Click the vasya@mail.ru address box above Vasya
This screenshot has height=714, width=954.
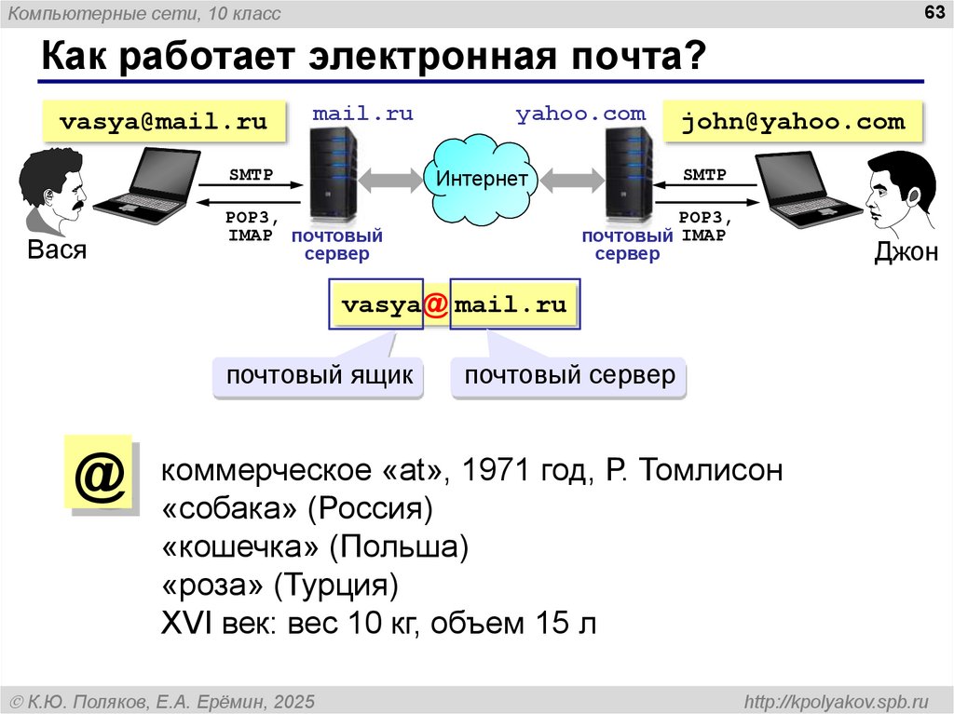[x=164, y=122]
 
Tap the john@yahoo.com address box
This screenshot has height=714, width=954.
[x=793, y=122]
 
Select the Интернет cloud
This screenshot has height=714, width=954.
[x=482, y=180]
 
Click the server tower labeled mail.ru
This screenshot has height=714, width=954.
[x=333, y=176]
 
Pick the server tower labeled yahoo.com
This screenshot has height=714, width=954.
[x=628, y=176]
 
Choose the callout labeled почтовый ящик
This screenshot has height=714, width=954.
[x=319, y=376]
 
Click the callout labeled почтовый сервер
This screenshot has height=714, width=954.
[x=569, y=376]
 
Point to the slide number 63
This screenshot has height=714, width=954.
[x=934, y=12]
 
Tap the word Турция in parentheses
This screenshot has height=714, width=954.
[x=335, y=585]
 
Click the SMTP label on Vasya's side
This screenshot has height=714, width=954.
[x=251, y=175]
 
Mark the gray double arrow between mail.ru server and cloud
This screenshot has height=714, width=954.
[x=390, y=181]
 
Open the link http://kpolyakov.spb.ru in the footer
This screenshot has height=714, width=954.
[x=837, y=702]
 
